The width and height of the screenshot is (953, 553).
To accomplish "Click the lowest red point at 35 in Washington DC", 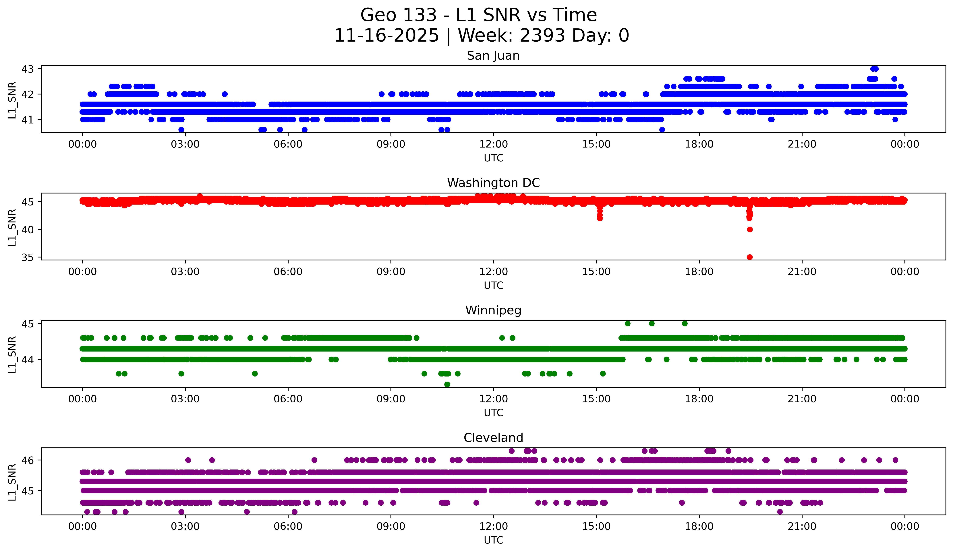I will coord(750,257).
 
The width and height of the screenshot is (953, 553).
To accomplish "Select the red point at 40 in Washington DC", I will coord(750,229).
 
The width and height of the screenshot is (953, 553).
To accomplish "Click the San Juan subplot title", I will coord(493,56).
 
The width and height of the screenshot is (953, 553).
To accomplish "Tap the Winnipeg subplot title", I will coord(493,310).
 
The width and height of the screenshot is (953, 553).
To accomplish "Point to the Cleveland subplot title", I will coord(493,438).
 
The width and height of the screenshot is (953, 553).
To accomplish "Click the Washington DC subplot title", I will coord(493,183).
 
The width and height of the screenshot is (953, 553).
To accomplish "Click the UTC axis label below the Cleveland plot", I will coord(493,540).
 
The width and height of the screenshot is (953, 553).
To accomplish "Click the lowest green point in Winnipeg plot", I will coord(447,384).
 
